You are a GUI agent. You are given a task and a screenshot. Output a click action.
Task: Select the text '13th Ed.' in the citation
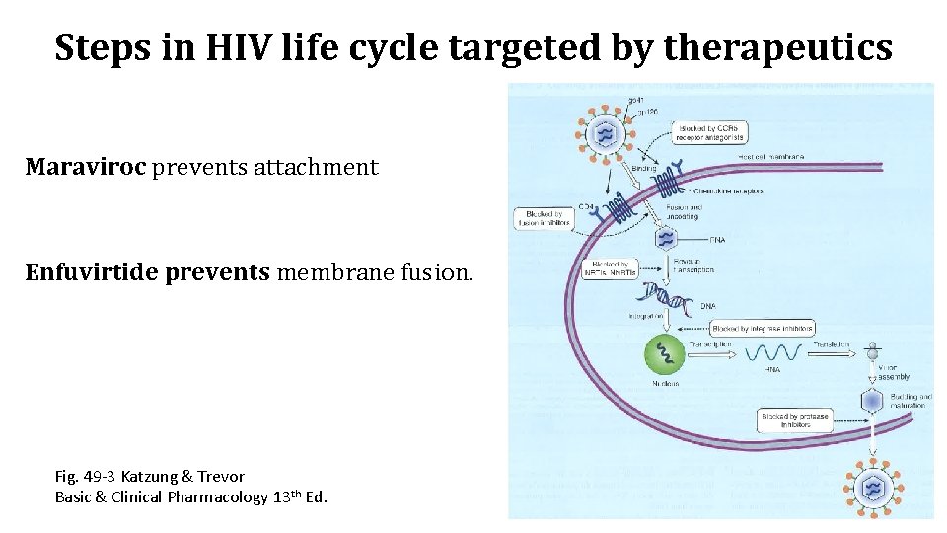coord(299,495)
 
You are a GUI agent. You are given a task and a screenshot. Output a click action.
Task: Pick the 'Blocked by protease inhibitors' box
coord(795,421)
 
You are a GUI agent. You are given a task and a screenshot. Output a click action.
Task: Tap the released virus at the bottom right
coord(873,487)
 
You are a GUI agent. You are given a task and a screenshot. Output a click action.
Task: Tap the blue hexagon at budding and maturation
coord(872,401)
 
